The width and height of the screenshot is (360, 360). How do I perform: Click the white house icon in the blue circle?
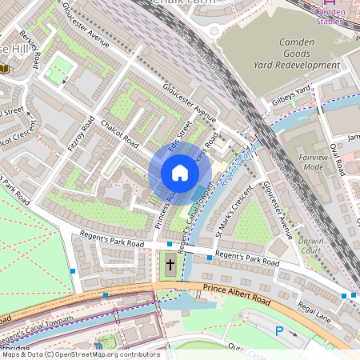[x=180, y=172]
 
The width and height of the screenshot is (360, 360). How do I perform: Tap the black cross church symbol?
[x=170, y=265]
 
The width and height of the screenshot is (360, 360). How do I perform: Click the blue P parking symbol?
[x=279, y=330]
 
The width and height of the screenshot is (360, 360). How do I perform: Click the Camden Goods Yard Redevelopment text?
[x=298, y=53]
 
